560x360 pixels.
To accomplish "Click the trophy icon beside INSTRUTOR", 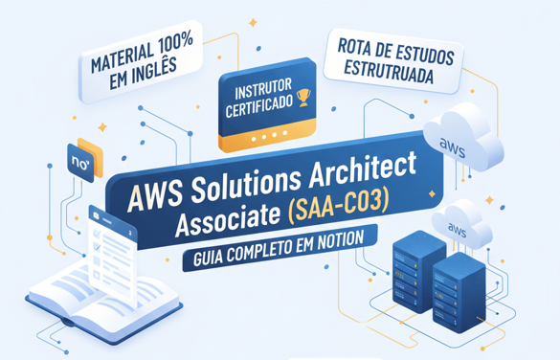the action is coord(304,95).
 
